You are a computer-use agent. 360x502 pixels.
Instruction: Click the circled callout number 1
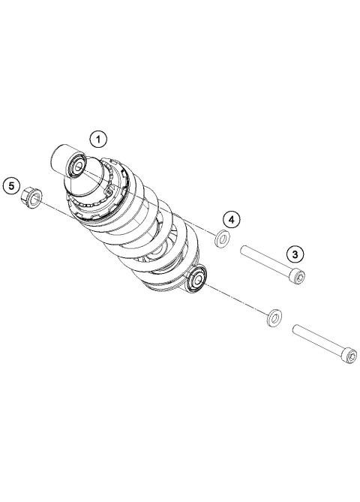(98, 138)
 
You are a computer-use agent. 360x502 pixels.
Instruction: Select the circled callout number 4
(232, 219)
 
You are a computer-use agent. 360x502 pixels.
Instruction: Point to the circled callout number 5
(12, 184)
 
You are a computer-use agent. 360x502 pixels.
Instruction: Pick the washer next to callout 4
(222, 240)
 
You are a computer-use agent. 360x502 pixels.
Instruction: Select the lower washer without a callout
(274, 317)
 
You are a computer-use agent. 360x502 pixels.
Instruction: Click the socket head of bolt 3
(298, 278)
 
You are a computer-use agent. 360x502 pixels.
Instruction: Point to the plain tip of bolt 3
(244, 251)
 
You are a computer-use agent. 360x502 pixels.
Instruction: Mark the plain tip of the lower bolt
(297, 327)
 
